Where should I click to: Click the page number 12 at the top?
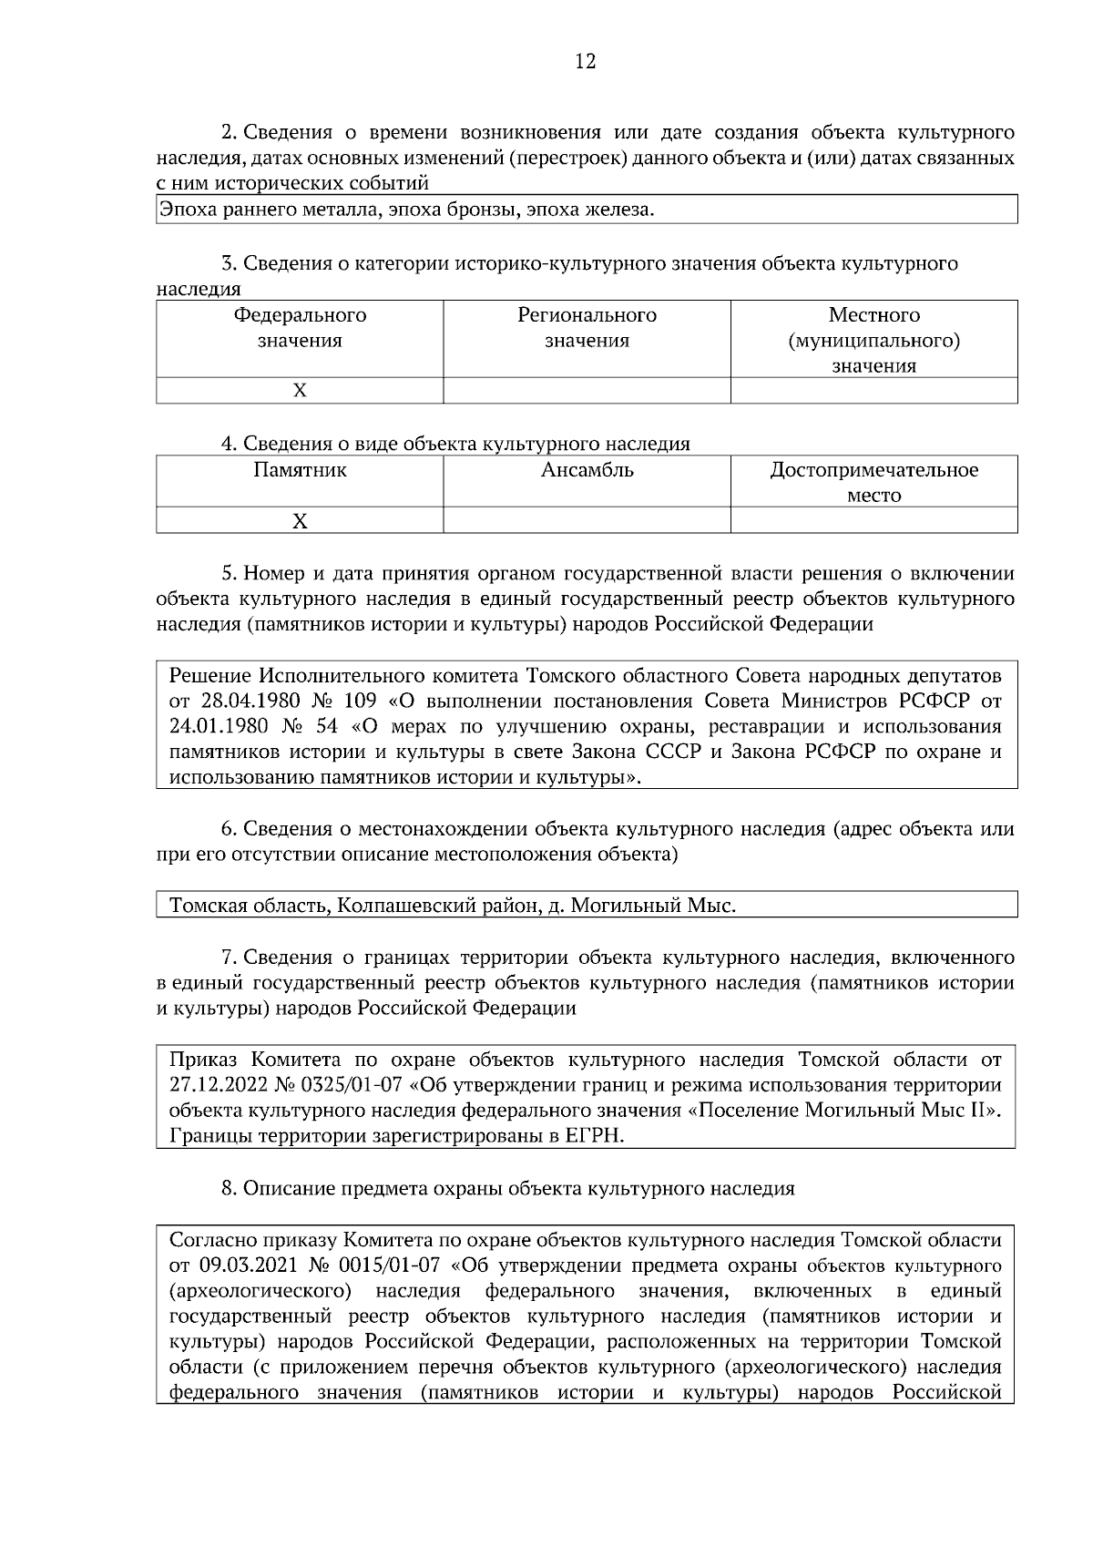pyautogui.click(x=586, y=62)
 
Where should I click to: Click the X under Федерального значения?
pyautogui.click(x=300, y=391)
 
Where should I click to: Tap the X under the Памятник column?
pyautogui.click(x=300, y=521)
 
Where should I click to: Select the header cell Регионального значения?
pyautogui.click(x=587, y=328)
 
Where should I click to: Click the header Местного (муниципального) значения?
pyautogui.click(x=873, y=340)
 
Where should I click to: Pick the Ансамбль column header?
pyautogui.click(x=587, y=471)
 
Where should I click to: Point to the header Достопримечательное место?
pyautogui.click(x=873, y=482)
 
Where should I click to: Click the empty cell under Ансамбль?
pyautogui.click(x=587, y=521)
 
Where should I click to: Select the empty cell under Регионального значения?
pyautogui.click(x=587, y=391)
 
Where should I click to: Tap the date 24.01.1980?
pyautogui.click(x=216, y=727)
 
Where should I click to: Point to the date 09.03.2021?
pyautogui.click(x=240, y=1266)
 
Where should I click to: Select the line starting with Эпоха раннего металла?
pyautogui.click(x=406, y=210)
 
